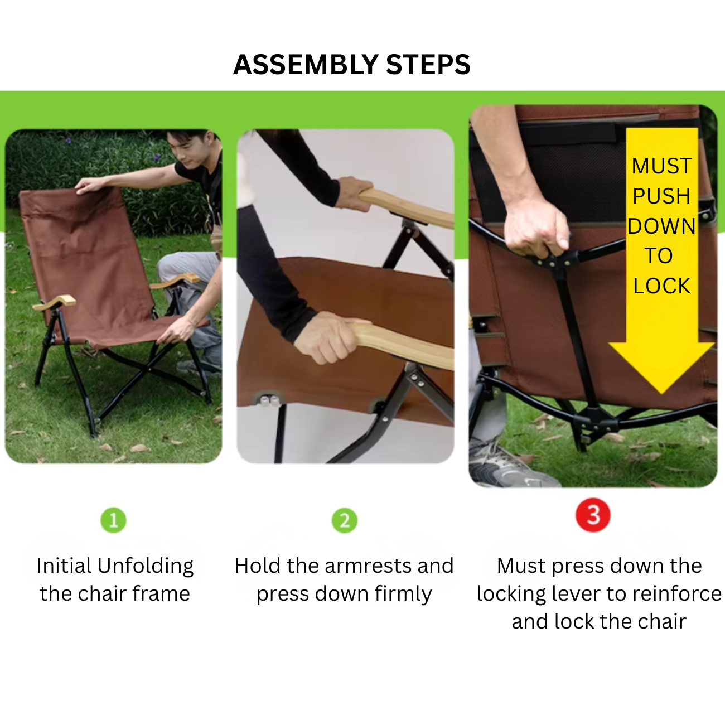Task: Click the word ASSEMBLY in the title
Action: tap(306, 64)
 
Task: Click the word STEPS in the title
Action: tap(428, 64)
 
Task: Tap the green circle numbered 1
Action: tap(113, 520)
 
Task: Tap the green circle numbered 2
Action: tap(344, 520)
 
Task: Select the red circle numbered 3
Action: tap(593, 515)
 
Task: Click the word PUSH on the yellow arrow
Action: tap(661, 196)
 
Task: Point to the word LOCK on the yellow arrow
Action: tap(662, 286)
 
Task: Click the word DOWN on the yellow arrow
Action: tap(661, 226)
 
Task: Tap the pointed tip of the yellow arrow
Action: tap(662, 394)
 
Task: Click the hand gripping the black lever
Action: tap(536, 228)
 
